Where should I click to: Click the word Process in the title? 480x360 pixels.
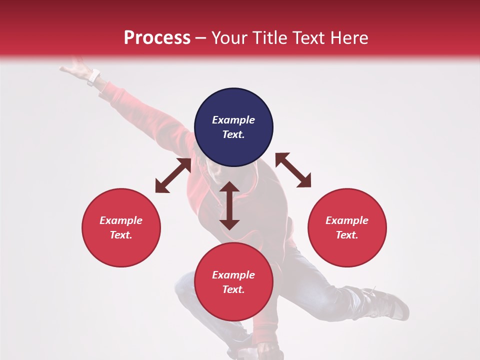pos(157,38)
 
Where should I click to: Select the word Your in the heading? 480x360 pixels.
pos(229,38)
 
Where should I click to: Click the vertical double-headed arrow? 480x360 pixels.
pos(229,205)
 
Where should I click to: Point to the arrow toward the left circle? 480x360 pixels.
pos(173,175)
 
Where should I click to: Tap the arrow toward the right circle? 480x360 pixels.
pos(293,170)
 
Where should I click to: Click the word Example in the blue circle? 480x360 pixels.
pos(233,120)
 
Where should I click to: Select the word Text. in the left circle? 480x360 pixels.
pos(121,235)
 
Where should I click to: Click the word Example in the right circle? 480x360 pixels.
pos(347,220)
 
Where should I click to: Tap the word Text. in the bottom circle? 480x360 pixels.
pos(233,289)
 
